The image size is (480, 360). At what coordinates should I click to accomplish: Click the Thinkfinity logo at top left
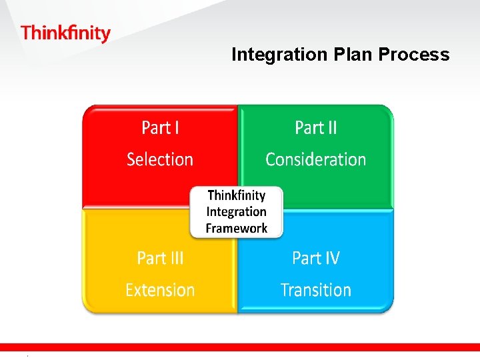tap(65, 33)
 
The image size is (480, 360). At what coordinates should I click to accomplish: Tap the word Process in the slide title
tap(414, 55)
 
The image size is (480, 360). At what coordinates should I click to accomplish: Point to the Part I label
tap(160, 127)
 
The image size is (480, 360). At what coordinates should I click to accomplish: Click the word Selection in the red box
tap(160, 159)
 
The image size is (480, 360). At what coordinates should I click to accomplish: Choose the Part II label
tap(316, 127)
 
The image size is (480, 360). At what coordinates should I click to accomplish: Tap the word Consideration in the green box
tap(316, 159)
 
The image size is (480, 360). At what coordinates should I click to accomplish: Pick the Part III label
tap(160, 258)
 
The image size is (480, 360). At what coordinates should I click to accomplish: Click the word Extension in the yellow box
tap(160, 290)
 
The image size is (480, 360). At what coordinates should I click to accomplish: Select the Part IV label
tap(316, 258)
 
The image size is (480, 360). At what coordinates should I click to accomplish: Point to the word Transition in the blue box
tap(316, 290)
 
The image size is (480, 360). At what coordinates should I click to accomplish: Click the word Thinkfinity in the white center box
tap(237, 195)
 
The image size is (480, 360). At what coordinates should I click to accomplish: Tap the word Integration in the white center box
tap(237, 212)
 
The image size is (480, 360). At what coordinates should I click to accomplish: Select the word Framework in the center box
tap(237, 228)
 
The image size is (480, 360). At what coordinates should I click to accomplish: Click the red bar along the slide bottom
tap(240, 347)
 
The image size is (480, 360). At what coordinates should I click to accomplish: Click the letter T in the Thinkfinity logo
tap(26, 33)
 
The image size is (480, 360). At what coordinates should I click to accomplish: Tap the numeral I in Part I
tap(177, 127)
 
